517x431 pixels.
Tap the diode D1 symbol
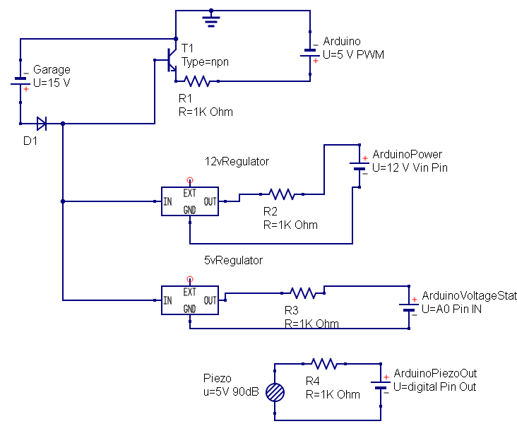(42, 124)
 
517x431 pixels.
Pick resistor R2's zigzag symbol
(281, 194)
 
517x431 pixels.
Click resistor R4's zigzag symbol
(323, 363)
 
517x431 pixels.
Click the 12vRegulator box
(189, 201)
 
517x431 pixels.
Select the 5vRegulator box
(189, 300)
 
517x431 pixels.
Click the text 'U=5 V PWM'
(353, 55)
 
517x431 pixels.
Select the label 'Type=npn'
(205, 61)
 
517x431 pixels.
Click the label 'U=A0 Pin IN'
(452, 309)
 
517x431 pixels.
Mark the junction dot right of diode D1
(63, 124)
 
